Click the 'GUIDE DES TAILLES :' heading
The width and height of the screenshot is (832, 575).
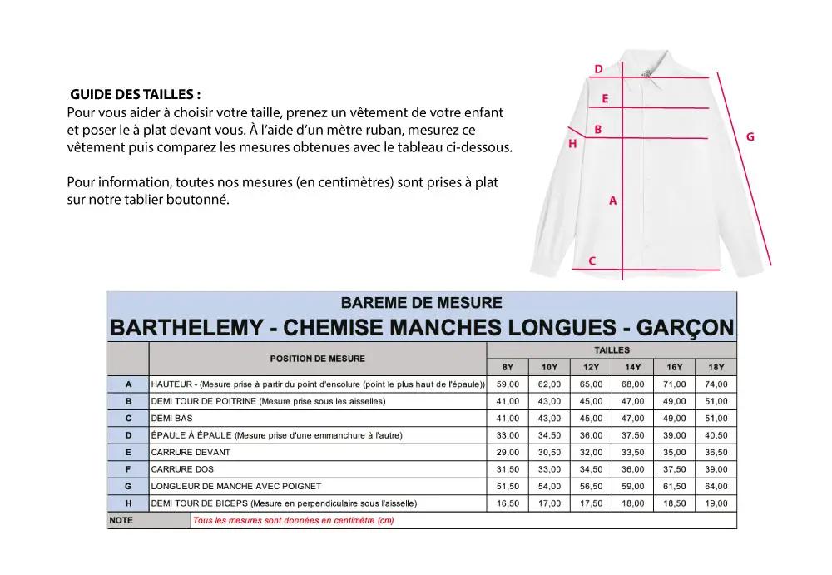point(135,94)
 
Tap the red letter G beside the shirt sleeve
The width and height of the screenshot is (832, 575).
point(750,136)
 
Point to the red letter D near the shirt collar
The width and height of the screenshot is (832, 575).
point(598,70)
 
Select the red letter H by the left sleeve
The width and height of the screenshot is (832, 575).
point(572,144)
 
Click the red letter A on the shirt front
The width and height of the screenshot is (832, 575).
point(613,201)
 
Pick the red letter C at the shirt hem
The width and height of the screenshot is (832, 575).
point(592,261)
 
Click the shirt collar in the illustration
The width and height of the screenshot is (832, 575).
point(653,71)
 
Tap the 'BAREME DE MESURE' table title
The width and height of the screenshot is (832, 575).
point(422,302)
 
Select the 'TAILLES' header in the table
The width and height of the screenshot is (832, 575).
point(612,350)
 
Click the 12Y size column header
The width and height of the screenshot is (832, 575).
point(591,368)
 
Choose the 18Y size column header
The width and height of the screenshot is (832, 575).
point(716,368)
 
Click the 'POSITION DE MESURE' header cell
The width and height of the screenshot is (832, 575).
point(317,359)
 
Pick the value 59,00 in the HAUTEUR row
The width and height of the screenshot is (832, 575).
point(508,384)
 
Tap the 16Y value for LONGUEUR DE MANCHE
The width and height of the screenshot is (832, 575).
point(674,487)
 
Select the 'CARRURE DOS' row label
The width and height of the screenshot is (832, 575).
point(182,469)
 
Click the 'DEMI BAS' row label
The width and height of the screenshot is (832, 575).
point(171,419)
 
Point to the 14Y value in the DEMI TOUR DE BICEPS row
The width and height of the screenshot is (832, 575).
point(632,503)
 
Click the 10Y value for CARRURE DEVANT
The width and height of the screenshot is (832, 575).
point(549,453)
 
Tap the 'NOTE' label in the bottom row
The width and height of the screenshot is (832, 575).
point(121,521)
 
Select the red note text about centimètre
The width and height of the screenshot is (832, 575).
point(293,521)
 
